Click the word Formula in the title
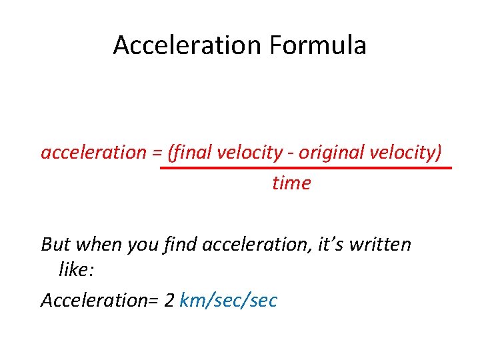click(x=318, y=45)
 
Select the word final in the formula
click(x=191, y=153)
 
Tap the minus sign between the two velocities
click(x=291, y=153)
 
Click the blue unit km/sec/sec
click(x=228, y=301)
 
